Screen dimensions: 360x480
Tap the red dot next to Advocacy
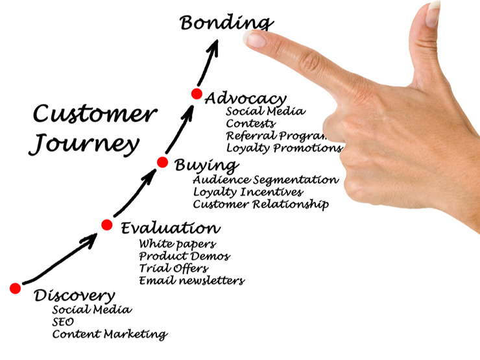click(197, 94)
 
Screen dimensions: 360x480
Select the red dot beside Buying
click(163, 163)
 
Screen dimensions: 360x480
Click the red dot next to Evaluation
click(107, 225)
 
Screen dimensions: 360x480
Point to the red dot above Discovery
click(15, 288)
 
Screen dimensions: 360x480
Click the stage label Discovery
click(75, 296)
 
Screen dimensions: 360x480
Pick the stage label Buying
click(206, 165)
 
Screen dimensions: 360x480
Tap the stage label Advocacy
click(245, 99)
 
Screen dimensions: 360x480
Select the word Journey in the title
click(85, 143)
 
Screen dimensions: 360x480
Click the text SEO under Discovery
click(63, 322)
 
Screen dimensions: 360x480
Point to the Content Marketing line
click(109, 335)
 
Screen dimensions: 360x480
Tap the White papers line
click(177, 244)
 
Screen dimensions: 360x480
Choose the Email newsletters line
click(191, 281)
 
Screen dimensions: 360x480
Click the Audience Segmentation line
click(265, 180)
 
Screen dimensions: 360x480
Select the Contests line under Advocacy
click(250, 123)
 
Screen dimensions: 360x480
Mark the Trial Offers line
click(173, 268)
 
